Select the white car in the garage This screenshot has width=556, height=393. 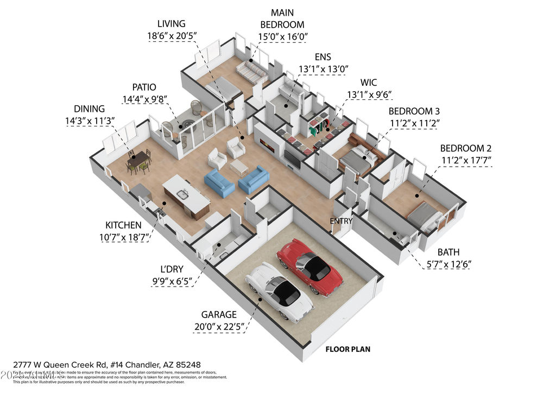(279, 291)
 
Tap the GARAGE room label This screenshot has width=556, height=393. (219, 314)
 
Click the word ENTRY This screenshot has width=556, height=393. (341, 221)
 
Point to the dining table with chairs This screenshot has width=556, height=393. (139, 161)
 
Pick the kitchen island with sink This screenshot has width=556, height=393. (186, 195)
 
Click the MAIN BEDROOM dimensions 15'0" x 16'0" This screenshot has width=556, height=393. (282, 37)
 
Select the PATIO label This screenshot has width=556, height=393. (144, 87)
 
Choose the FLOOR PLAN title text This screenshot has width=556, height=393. (347, 349)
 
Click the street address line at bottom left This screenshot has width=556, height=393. (103, 365)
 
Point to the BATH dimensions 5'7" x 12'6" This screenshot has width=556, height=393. (448, 264)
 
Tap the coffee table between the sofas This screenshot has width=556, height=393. (239, 167)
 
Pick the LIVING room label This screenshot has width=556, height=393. (171, 23)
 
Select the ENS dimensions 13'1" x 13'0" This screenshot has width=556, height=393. (323, 69)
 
